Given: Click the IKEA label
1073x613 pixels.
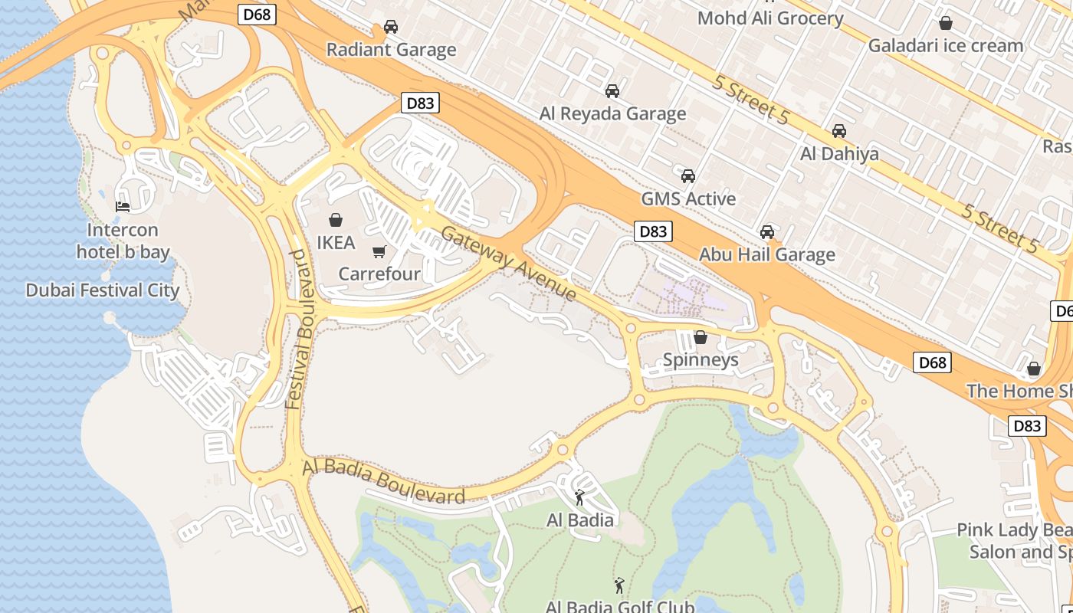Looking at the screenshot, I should click(x=336, y=243).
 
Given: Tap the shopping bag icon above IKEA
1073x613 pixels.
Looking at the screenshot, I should click(x=336, y=221).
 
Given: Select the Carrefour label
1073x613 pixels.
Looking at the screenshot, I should click(x=379, y=274).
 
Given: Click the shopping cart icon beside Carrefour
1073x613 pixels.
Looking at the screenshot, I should click(x=379, y=251).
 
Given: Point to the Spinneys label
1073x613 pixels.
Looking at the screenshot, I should click(x=701, y=359).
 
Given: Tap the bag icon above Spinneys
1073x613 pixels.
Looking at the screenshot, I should click(x=701, y=337).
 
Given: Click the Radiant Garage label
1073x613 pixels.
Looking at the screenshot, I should click(x=391, y=50).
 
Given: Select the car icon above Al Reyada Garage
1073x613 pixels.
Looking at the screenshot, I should click(x=612, y=91).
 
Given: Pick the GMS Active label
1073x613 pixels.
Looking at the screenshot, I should click(x=688, y=198).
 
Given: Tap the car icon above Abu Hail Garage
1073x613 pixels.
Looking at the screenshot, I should click(x=767, y=231).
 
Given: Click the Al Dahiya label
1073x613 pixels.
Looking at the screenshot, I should click(x=839, y=154).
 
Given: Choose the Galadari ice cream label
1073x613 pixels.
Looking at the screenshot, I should click(x=945, y=45).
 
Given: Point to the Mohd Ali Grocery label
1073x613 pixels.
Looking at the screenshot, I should click(x=769, y=18).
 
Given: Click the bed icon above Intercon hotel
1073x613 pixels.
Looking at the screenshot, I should click(x=123, y=206).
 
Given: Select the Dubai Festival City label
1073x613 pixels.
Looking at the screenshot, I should click(x=102, y=290).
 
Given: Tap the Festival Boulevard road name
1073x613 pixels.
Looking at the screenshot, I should click(x=298, y=329).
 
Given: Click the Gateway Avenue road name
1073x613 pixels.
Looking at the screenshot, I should click(x=508, y=264).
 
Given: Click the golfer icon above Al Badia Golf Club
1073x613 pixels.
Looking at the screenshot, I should click(x=619, y=585).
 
